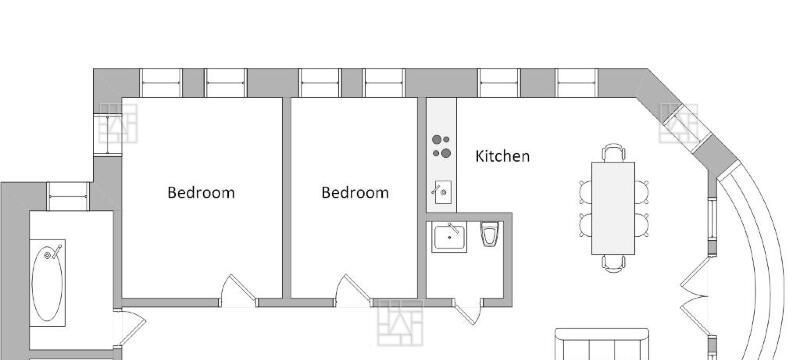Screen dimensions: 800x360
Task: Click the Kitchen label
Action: [x=502, y=156]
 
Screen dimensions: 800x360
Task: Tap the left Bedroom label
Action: [x=201, y=193]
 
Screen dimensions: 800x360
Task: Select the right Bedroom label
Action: [x=355, y=193]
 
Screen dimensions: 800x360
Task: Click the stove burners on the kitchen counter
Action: [x=441, y=146]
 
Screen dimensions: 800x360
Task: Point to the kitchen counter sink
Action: [x=443, y=192]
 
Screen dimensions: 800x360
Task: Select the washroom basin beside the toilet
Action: [x=449, y=237]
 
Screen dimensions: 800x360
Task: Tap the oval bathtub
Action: [x=47, y=282]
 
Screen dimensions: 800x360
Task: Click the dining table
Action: [x=613, y=208]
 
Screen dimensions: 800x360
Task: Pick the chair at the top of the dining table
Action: [x=613, y=153]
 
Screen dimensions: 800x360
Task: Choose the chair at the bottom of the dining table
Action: [x=613, y=263]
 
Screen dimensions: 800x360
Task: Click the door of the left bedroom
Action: [x=238, y=291]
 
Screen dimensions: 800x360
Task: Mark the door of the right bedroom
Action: [x=353, y=291]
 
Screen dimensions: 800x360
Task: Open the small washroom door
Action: [x=468, y=312]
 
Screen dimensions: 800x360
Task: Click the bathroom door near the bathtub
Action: [x=130, y=326]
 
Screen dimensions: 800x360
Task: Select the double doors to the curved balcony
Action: [x=694, y=295]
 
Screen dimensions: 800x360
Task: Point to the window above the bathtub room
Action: [x=68, y=196]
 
